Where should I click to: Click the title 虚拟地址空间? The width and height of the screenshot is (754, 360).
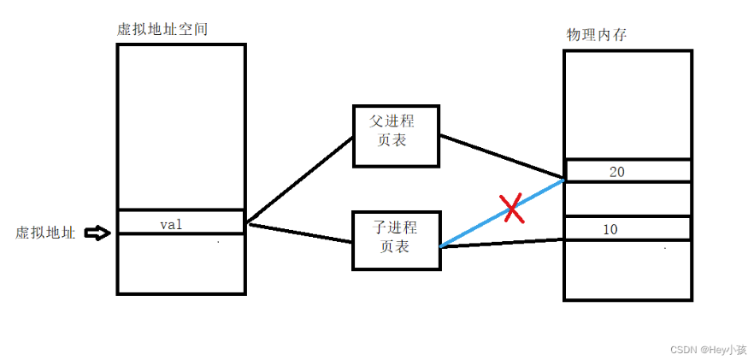click(162, 29)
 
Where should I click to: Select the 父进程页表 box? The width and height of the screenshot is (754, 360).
click(396, 136)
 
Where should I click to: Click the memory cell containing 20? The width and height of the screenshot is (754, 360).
click(627, 171)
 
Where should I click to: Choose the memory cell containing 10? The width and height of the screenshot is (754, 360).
click(627, 228)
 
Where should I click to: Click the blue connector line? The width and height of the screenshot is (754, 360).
click(479, 225)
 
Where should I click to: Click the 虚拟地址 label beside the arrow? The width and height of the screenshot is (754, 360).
click(45, 233)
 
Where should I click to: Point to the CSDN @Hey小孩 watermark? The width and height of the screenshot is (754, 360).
click(707, 350)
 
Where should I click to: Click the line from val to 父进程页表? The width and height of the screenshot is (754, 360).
click(299, 180)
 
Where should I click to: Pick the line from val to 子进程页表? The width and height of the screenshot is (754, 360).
click(299, 233)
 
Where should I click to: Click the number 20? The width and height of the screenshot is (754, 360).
click(616, 171)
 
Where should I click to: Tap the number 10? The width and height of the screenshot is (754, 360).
click(610, 229)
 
